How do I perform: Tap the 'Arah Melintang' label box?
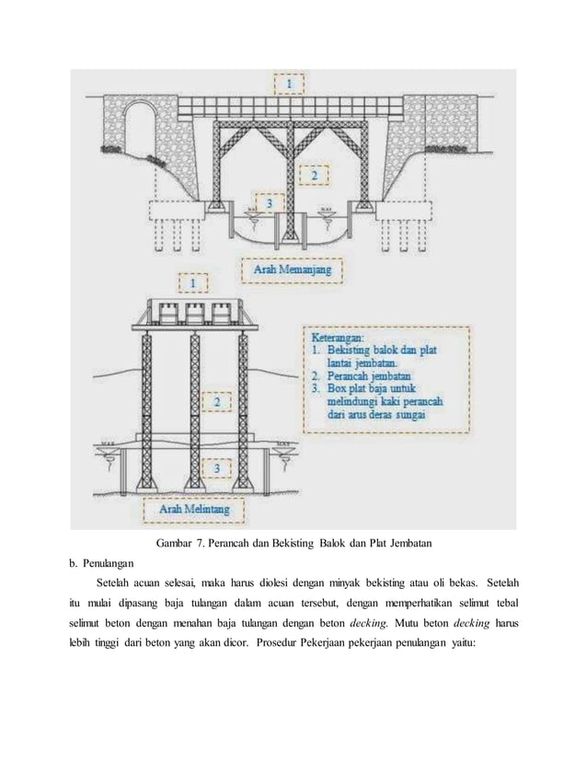tap(194, 507)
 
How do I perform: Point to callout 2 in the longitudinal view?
tap(314, 173)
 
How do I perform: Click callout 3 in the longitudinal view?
tap(269, 202)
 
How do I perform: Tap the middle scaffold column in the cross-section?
tap(194, 405)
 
